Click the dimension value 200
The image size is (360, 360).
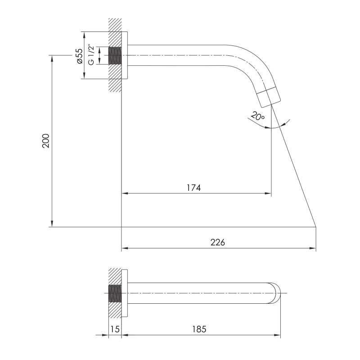click(x=45, y=141)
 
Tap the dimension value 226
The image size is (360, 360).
click(x=217, y=242)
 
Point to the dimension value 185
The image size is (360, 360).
click(x=198, y=329)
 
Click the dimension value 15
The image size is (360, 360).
click(x=115, y=329)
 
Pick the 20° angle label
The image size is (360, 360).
click(x=258, y=116)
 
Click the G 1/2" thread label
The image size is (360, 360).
click(x=91, y=55)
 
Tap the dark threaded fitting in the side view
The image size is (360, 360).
click(x=116, y=55)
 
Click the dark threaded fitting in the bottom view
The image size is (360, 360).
click(x=116, y=294)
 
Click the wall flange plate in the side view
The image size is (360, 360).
click(x=126, y=55)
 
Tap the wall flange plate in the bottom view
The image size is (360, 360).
click(x=126, y=294)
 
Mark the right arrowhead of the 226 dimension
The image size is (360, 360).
click(x=314, y=248)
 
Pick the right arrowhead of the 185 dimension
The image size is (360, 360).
click(x=279, y=335)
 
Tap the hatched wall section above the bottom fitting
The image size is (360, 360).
click(x=115, y=276)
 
